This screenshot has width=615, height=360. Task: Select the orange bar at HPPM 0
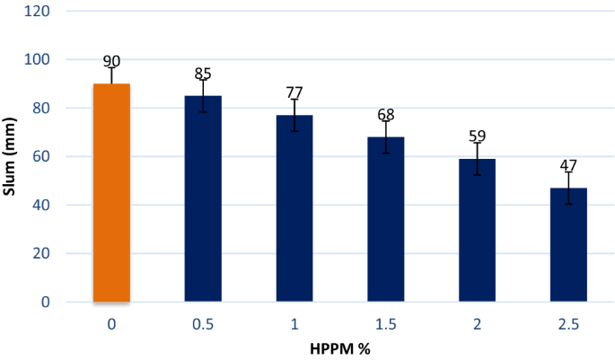pos(111,193)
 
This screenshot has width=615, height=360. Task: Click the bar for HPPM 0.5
pos(203,198)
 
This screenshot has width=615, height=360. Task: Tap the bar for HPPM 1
pos(294,208)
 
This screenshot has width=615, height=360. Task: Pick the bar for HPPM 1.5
pos(385,219)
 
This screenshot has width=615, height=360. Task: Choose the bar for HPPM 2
pos(477,230)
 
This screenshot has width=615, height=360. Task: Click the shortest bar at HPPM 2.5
pos(568,244)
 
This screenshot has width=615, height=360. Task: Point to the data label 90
pos(111,62)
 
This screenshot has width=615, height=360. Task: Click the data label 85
pos(203,74)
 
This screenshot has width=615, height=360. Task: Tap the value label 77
pos(294,92)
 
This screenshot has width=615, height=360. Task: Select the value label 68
pos(385,115)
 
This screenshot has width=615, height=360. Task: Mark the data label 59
pos(477,136)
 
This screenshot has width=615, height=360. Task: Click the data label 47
pos(568,166)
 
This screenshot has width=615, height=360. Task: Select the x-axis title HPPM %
pos(340,348)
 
